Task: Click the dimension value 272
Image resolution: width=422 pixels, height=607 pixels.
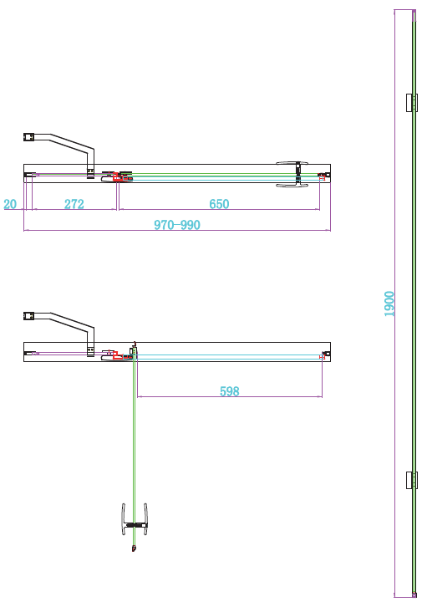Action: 74,204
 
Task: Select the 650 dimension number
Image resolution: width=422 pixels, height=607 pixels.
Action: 219,204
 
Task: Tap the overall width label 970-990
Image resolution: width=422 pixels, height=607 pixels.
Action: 177,225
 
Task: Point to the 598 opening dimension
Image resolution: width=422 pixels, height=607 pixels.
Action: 228,390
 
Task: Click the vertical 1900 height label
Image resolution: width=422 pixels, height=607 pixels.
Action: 389,303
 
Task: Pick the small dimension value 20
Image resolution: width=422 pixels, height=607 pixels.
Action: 10,204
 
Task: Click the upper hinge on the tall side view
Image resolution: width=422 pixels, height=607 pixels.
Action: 410,103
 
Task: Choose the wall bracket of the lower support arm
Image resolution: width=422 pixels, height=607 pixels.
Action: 28,315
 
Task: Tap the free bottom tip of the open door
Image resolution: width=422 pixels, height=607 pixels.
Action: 134,550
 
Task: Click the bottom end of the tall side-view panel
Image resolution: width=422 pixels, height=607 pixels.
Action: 414,594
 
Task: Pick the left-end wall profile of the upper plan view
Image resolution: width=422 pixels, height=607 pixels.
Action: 30,175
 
